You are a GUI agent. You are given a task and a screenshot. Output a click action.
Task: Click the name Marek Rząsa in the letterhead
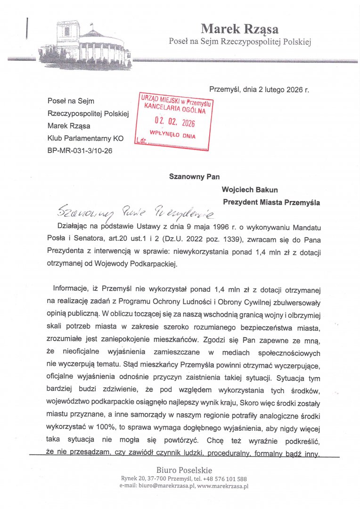pyautogui.click(x=239, y=29)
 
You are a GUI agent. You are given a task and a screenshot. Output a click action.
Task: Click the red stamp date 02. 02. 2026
pyautogui.click(x=175, y=123)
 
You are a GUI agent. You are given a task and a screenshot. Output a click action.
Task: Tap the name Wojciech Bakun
pyautogui.click(x=250, y=190)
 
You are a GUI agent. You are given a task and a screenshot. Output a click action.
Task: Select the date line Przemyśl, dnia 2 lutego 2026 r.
pyautogui.click(x=259, y=89)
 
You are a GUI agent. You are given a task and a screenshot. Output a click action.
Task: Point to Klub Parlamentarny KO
pyautogui.click(x=85, y=139)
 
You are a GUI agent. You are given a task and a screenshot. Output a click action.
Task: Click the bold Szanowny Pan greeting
pyautogui.click(x=195, y=177)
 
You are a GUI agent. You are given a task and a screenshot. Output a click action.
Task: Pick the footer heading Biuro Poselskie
pyautogui.click(x=184, y=470)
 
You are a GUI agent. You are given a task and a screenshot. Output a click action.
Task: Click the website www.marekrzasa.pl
pyautogui.click(x=223, y=486)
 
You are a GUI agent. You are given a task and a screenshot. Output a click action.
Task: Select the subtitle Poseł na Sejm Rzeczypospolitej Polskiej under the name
pyautogui.click(x=240, y=42)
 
